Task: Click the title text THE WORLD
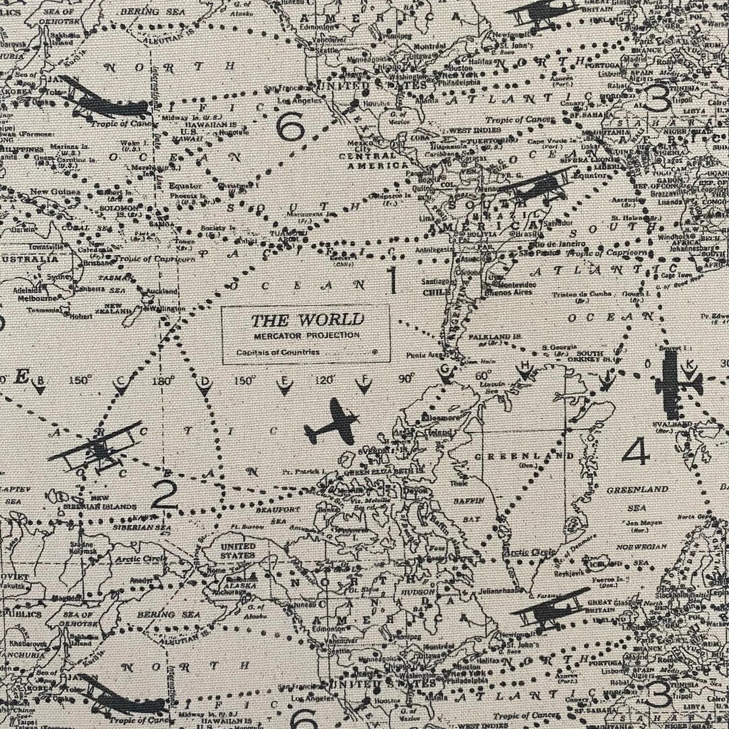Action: click(307, 320)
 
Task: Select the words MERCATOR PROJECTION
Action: click(307, 335)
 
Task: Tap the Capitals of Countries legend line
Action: click(278, 352)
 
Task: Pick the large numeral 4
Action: click(635, 452)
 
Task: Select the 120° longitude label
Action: click(324, 381)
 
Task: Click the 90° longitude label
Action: click(406, 379)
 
